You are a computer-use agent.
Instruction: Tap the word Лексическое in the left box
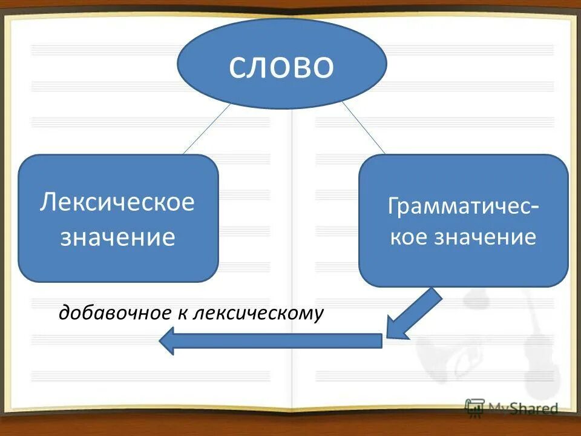click(117, 202)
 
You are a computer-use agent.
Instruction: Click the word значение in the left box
click(117, 236)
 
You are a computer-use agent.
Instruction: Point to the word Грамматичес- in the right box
click(464, 207)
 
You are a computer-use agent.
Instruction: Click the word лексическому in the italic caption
click(259, 313)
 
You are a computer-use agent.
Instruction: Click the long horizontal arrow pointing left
click(272, 340)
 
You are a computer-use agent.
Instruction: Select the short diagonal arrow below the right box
click(415, 314)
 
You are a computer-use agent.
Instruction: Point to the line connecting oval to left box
click(206, 128)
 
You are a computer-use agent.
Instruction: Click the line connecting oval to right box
click(363, 128)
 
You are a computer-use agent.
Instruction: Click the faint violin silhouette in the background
click(533, 345)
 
